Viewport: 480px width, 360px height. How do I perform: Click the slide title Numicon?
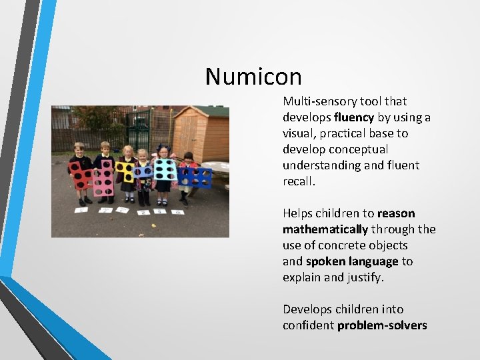[x=253, y=77]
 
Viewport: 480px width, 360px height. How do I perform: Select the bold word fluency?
[x=355, y=117]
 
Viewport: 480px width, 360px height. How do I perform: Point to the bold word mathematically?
[x=325, y=229]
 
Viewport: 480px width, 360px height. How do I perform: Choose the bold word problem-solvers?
[x=382, y=325]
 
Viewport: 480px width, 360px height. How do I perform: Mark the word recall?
[x=299, y=181]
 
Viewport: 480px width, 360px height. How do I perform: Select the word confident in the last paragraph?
[x=309, y=325]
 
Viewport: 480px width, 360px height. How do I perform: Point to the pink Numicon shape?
[x=104, y=177]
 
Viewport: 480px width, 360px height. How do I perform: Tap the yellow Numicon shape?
[x=124, y=172]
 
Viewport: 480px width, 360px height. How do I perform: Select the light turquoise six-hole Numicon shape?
[x=165, y=169]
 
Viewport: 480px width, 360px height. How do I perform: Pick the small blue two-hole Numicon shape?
[x=142, y=172]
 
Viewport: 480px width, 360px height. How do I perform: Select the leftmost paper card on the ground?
[x=81, y=209]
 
